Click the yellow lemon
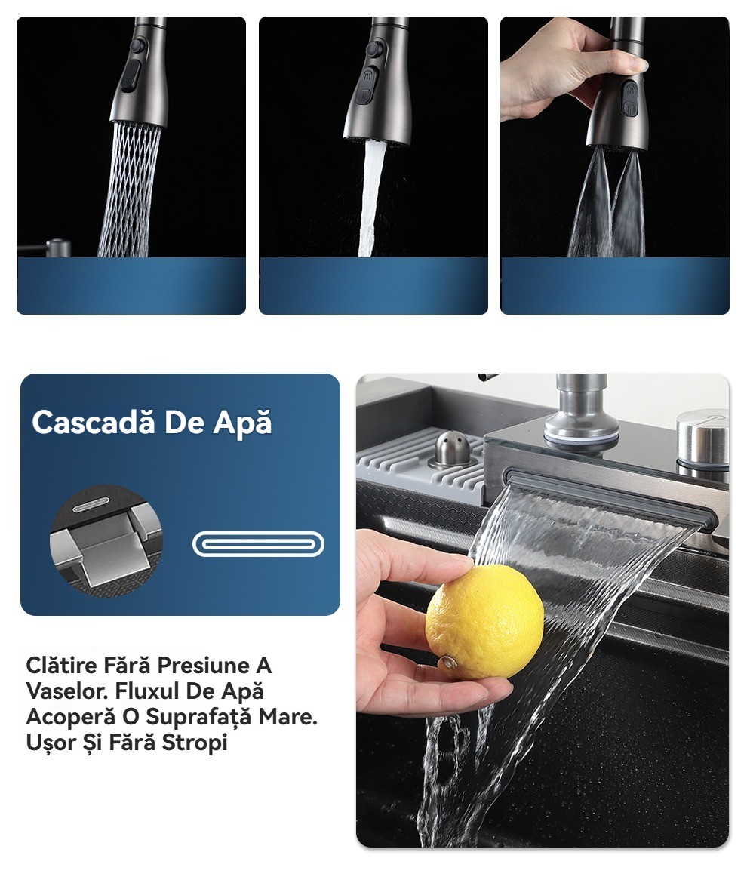tap(484, 622)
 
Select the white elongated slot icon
tap(258, 544)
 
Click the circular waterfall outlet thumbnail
tap(106, 541)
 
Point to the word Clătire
tap(62, 665)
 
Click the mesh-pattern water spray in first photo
tap(130, 189)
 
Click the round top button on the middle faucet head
tap(373, 49)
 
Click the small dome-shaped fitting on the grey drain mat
tap(450, 449)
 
